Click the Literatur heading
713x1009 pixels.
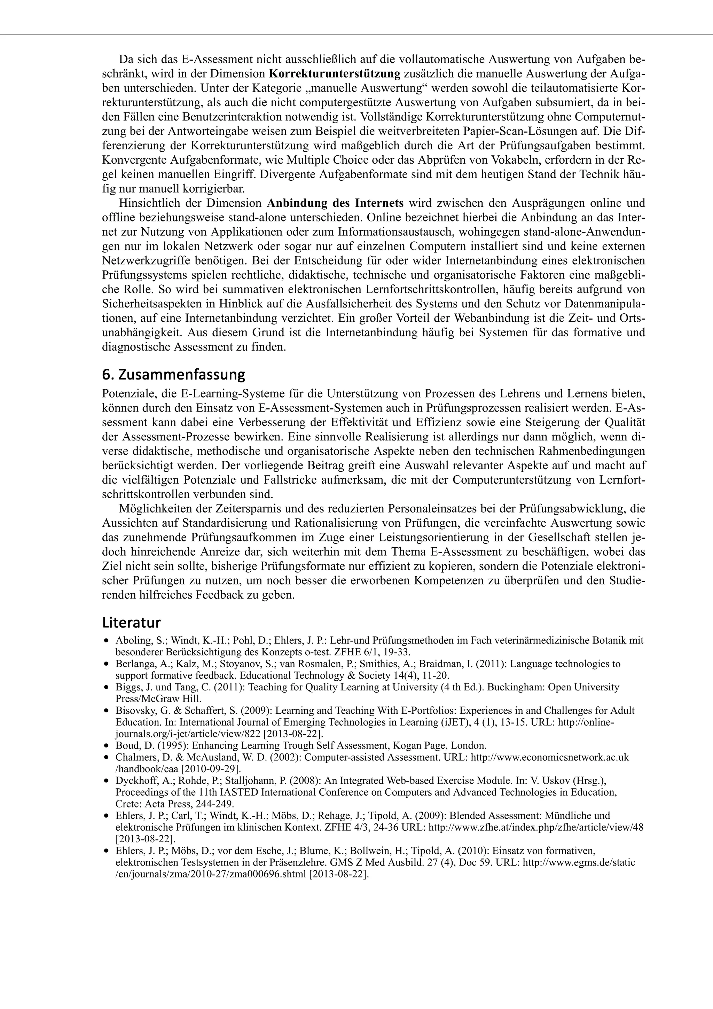[x=131, y=623]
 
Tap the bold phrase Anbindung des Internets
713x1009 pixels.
[x=335, y=203]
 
